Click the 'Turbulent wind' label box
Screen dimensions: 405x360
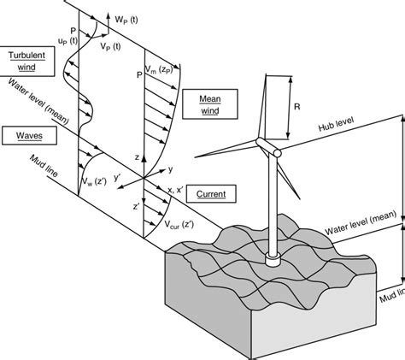click(x=26, y=62)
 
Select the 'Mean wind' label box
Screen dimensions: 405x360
click(x=210, y=104)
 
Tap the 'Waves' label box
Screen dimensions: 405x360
click(x=29, y=135)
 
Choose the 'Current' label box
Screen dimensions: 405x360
click(x=211, y=194)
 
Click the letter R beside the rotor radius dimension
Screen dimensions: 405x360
click(x=296, y=107)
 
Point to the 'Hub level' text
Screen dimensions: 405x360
click(x=336, y=124)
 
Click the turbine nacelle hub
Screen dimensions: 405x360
click(x=268, y=147)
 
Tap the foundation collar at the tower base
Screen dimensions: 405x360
click(x=273, y=259)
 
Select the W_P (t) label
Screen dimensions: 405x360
click(x=126, y=20)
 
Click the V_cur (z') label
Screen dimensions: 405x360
click(x=179, y=225)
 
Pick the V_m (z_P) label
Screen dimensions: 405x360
click(x=160, y=69)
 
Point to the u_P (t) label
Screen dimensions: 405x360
click(x=67, y=41)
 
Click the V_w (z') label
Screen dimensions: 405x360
click(x=94, y=181)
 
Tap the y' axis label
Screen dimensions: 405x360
click(x=118, y=178)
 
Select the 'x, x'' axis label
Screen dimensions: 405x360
click(x=175, y=190)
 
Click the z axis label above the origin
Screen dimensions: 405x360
click(x=137, y=157)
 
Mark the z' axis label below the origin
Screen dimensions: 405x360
click(x=136, y=206)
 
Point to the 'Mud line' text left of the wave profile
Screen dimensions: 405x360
click(x=44, y=166)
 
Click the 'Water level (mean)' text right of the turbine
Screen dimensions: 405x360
click(x=361, y=222)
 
